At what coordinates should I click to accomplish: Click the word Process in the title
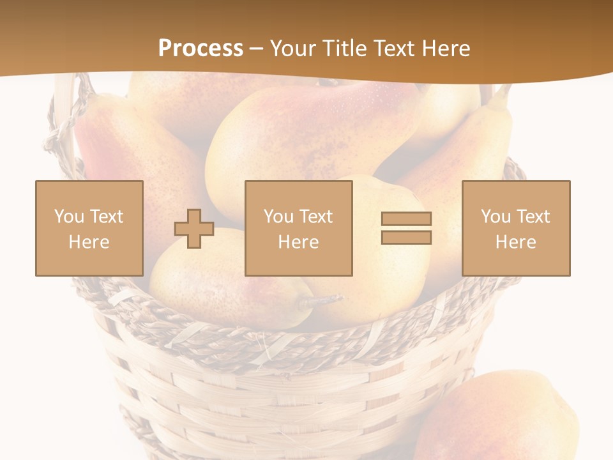coord(201,49)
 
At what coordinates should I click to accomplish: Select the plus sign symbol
coord(194,229)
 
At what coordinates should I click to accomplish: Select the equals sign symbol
coord(406,228)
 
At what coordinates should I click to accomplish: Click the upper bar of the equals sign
coord(406,218)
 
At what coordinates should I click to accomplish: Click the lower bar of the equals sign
coord(406,238)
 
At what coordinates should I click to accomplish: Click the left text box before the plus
coord(89,228)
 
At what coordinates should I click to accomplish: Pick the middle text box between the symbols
coord(298,228)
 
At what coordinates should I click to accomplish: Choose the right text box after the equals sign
coord(516,228)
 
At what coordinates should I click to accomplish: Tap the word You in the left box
coord(68,216)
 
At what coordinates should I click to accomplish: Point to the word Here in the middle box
coord(298,242)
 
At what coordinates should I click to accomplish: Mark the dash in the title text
coord(257,49)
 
